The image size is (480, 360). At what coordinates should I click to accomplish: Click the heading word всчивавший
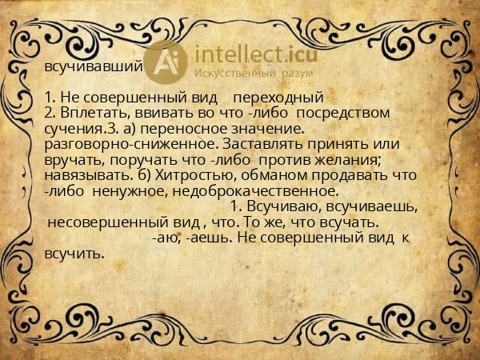tap(94, 67)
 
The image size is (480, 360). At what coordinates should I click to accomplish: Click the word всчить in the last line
tap(74, 254)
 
